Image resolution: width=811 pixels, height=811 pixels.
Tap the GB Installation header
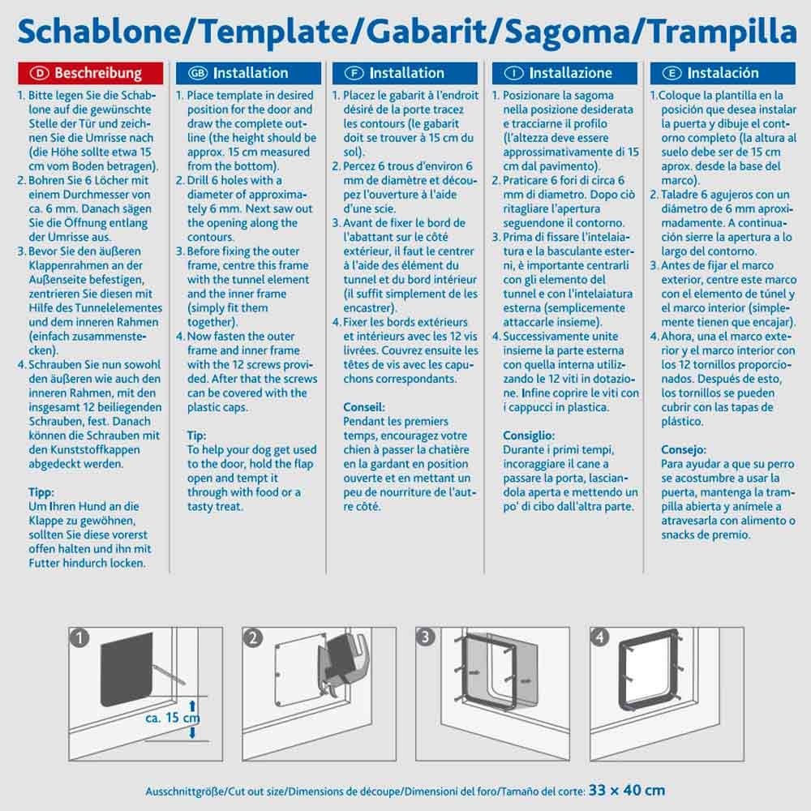(x=242, y=73)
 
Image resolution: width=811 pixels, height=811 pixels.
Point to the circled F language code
(x=354, y=73)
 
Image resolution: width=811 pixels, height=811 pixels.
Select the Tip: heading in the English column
(x=197, y=436)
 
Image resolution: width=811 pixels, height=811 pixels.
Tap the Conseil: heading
(x=364, y=407)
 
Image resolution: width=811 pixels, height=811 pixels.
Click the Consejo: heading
(x=684, y=449)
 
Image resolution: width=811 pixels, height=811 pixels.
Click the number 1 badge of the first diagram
(x=79, y=638)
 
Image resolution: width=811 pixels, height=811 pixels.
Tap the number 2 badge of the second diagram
(x=253, y=638)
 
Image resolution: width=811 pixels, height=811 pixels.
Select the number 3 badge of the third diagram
(x=425, y=638)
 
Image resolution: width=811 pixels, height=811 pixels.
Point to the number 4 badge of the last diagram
(x=599, y=638)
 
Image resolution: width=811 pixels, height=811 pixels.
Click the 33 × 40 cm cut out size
(x=627, y=789)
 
